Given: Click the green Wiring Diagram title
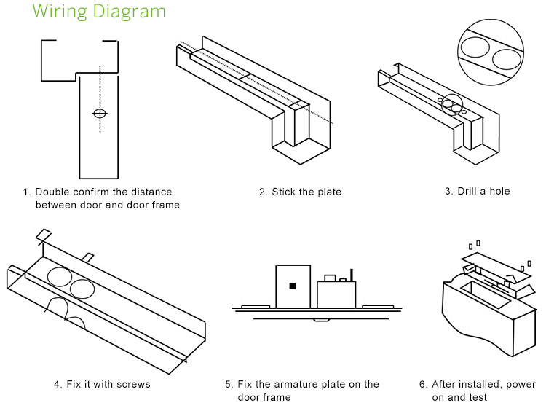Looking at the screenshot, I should click(99, 12).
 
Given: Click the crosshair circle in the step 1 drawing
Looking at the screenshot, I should click(100, 113).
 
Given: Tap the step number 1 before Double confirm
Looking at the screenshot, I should click(26, 192).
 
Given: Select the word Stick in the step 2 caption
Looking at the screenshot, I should click(284, 192).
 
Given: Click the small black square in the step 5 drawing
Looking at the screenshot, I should click(293, 286).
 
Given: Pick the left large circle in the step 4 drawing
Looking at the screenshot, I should click(60, 277).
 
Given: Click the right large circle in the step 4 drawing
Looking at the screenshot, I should click(82, 290).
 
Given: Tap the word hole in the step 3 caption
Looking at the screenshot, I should click(499, 192).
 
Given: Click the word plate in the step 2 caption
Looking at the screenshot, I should click(328, 192).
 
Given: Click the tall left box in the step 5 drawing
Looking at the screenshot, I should click(291, 286).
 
